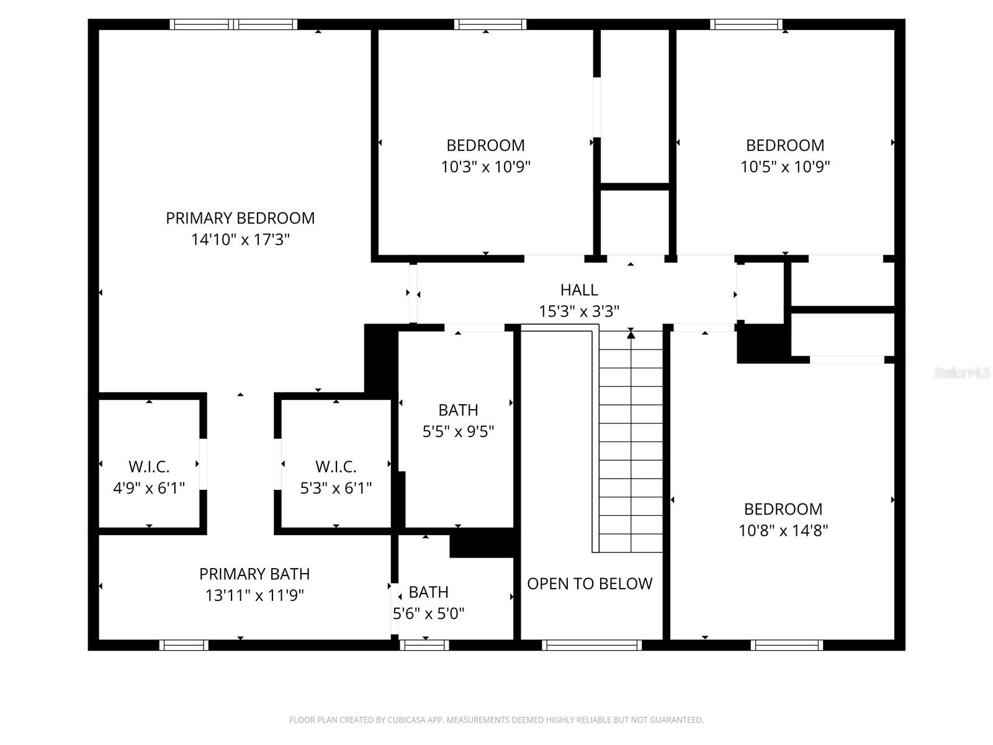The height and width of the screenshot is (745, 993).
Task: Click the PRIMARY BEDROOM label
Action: point(240,218)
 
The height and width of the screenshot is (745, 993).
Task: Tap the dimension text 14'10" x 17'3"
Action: point(240,240)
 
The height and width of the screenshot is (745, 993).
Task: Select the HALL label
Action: point(579,290)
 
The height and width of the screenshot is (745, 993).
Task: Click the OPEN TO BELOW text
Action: point(590,584)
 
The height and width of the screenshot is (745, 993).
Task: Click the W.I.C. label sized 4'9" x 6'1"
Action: point(149,467)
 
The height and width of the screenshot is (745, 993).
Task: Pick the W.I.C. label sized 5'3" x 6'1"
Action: point(336,467)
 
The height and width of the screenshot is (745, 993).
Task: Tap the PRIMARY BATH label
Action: point(254,574)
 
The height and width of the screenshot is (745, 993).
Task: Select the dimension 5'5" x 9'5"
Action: point(458,431)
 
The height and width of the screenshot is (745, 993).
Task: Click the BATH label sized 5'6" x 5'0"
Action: point(428,592)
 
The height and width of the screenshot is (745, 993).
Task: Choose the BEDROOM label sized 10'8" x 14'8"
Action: point(783,509)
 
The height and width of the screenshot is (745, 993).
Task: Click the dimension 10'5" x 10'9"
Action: point(785,167)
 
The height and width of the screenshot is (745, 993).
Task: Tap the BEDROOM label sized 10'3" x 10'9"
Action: point(485,145)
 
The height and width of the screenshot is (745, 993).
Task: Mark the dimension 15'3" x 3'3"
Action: point(579,312)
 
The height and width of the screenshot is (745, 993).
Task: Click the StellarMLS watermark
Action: point(962,373)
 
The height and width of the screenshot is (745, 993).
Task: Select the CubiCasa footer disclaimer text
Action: point(496,720)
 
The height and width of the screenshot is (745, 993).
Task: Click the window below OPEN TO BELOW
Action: point(591,646)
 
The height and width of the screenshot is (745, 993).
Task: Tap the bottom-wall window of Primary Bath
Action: point(184,646)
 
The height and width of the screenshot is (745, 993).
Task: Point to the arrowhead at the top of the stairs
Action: point(631,335)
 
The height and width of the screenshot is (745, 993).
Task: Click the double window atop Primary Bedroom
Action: point(234,25)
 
